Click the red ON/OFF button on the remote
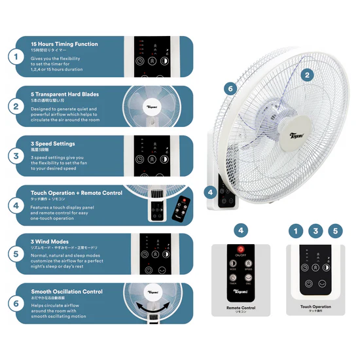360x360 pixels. [241, 249]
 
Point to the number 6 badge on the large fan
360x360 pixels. [229, 88]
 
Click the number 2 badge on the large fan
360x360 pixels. [306, 75]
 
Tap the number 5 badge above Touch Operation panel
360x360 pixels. [335, 230]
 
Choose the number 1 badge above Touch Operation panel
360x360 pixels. [297, 230]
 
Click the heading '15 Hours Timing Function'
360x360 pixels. [64, 45]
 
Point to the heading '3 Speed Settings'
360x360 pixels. [52, 143]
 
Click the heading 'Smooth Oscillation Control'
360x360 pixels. [67, 291]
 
